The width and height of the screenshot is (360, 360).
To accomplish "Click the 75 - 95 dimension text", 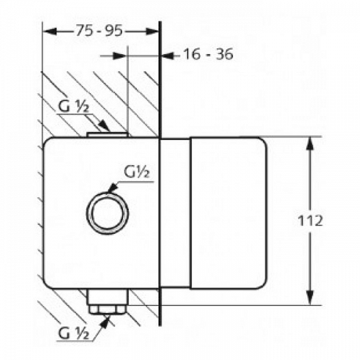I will coord(101,32).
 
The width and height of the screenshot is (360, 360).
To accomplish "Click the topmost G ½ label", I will coord(74,109).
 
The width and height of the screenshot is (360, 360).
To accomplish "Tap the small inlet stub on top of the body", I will coord(108,134).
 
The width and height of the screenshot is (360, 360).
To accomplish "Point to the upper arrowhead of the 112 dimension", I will coord(310,144).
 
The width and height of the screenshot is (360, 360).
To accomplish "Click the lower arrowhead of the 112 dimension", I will coord(310,298).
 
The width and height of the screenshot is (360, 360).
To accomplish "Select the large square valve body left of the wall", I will coord(72,252).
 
